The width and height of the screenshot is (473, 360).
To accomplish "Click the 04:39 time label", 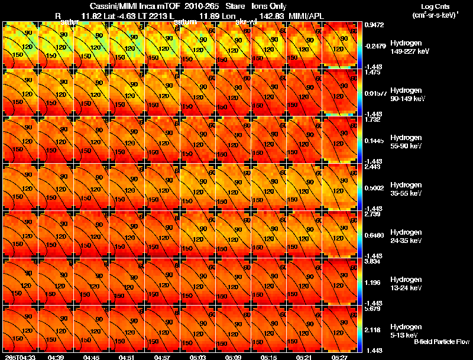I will pos(56,357).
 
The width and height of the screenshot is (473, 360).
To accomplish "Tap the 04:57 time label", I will pos(163,357).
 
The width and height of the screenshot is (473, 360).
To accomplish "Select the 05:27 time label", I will pos(341,357).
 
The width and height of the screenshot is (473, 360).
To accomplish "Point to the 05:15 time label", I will pos(269,357).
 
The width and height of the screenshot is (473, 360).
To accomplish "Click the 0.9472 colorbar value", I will pos(374,25).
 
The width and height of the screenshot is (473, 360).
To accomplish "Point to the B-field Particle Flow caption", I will pos(442,342).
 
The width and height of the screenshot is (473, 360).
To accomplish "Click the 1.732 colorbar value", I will pos(372,120).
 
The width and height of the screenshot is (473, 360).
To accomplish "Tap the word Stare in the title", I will pos(235,6).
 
